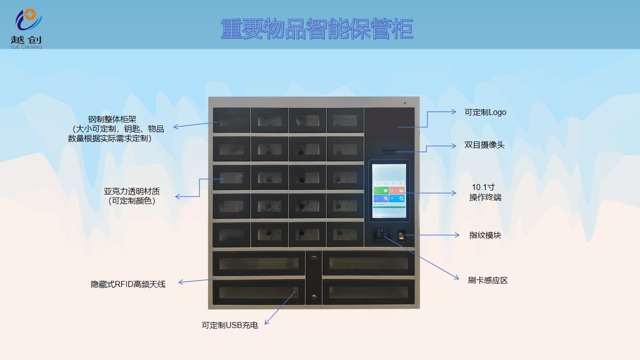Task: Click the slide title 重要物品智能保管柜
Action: coord(317,29)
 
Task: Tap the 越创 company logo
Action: coord(26,29)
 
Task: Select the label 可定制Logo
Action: coord(485,112)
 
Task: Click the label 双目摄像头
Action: coord(484,145)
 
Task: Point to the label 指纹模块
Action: coord(484,235)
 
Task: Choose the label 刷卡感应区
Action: coord(487,280)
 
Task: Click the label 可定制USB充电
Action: coord(229,325)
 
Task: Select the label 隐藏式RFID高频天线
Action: coord(128,284)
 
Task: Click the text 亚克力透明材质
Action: coord(131,191)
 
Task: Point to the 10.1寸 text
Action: coord(483,187)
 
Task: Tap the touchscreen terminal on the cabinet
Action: coord(389,190)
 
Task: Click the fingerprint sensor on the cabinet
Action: coord(401,236)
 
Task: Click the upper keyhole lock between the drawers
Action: coord(313,258)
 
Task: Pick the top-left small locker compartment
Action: coord(231,120)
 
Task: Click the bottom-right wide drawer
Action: coord(368,292)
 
